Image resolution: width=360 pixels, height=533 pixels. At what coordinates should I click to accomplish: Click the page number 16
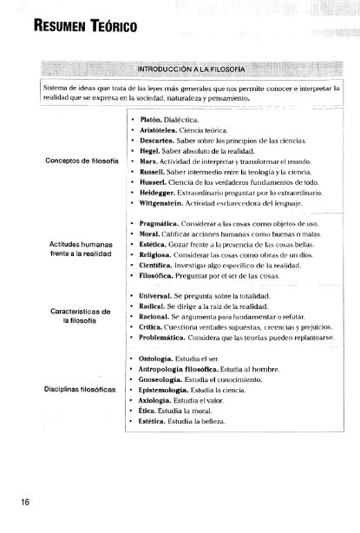[x=12, y=501]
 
